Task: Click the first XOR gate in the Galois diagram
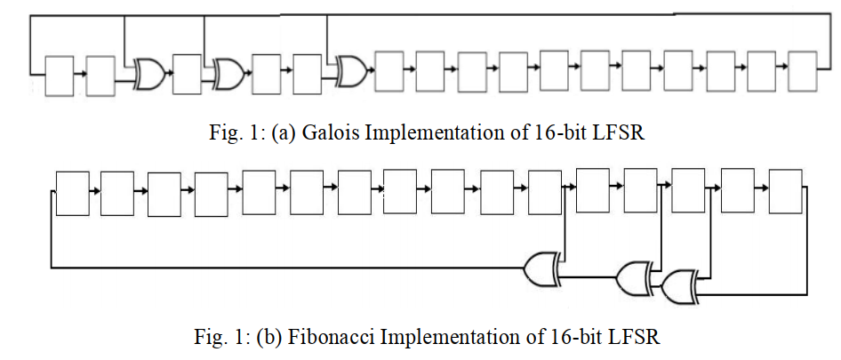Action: (151, 74)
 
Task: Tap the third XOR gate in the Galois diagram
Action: (353, 71)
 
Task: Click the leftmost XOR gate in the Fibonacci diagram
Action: (542, 267)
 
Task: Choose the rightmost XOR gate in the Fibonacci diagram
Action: (679, 287)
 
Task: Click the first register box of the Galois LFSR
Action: (59, 76)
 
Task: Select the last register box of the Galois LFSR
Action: (803, 71)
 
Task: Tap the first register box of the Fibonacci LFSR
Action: (72, 193)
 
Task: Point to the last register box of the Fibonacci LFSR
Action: (785, 191)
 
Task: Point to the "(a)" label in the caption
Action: (284, 133)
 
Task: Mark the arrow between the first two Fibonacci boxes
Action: (95, 191)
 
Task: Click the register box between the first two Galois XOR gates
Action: (188, 74)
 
